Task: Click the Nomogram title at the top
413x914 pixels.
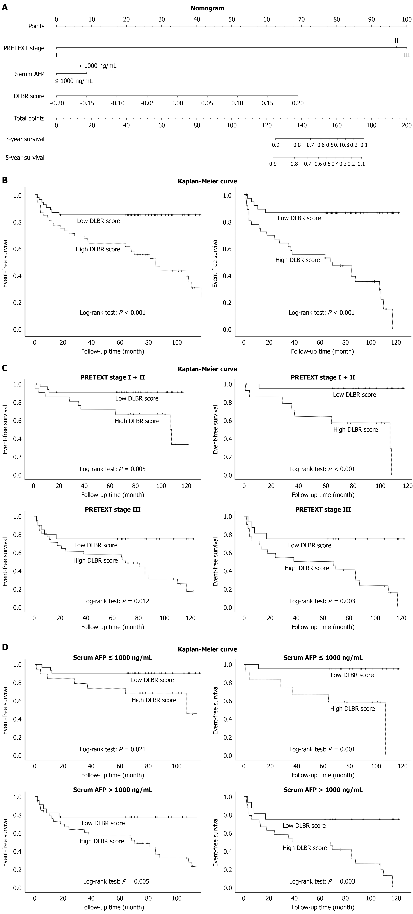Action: (x=207, y=8)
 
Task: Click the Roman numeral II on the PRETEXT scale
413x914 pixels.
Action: (x=396, y=41)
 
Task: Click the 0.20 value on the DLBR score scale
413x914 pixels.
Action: (x=298, y=103)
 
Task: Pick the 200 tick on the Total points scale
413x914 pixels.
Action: (x=406, y=125)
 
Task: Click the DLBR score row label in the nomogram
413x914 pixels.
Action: (x=29, y=96)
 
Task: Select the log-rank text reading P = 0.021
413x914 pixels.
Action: (x=113, y=749)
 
